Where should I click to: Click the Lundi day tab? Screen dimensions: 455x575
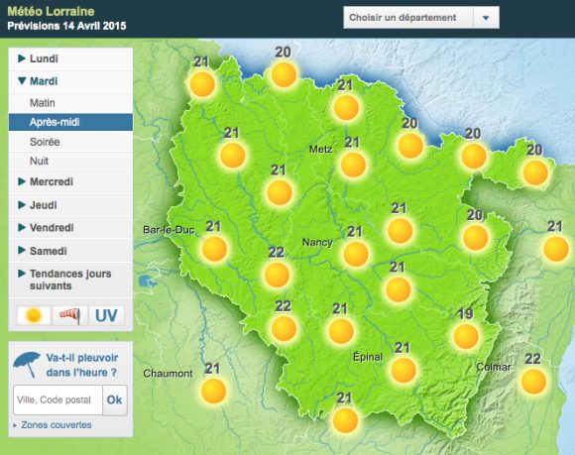tap(44, 60)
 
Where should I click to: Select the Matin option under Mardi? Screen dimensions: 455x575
tap(43, 102)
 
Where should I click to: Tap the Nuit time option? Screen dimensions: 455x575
tap(40, 162)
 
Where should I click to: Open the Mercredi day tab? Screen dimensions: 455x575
tap(53, 182)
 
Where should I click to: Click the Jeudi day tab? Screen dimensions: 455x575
tap(43, 205)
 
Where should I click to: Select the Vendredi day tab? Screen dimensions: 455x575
tap(52, 228)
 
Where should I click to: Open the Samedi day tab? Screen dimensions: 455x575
tap(48, 251)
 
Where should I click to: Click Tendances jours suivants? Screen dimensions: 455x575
tap(69, 280)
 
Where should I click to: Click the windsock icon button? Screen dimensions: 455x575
tap(69, 315)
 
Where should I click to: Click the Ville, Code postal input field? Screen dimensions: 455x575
tap(57, 399)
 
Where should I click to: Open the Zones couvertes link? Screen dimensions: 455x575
tap(56, 425)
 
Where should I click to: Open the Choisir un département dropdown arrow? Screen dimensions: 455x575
tap(484, 18)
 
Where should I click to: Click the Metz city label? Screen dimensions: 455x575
tap(319, 150)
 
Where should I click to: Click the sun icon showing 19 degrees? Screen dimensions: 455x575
tap(465, 336)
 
